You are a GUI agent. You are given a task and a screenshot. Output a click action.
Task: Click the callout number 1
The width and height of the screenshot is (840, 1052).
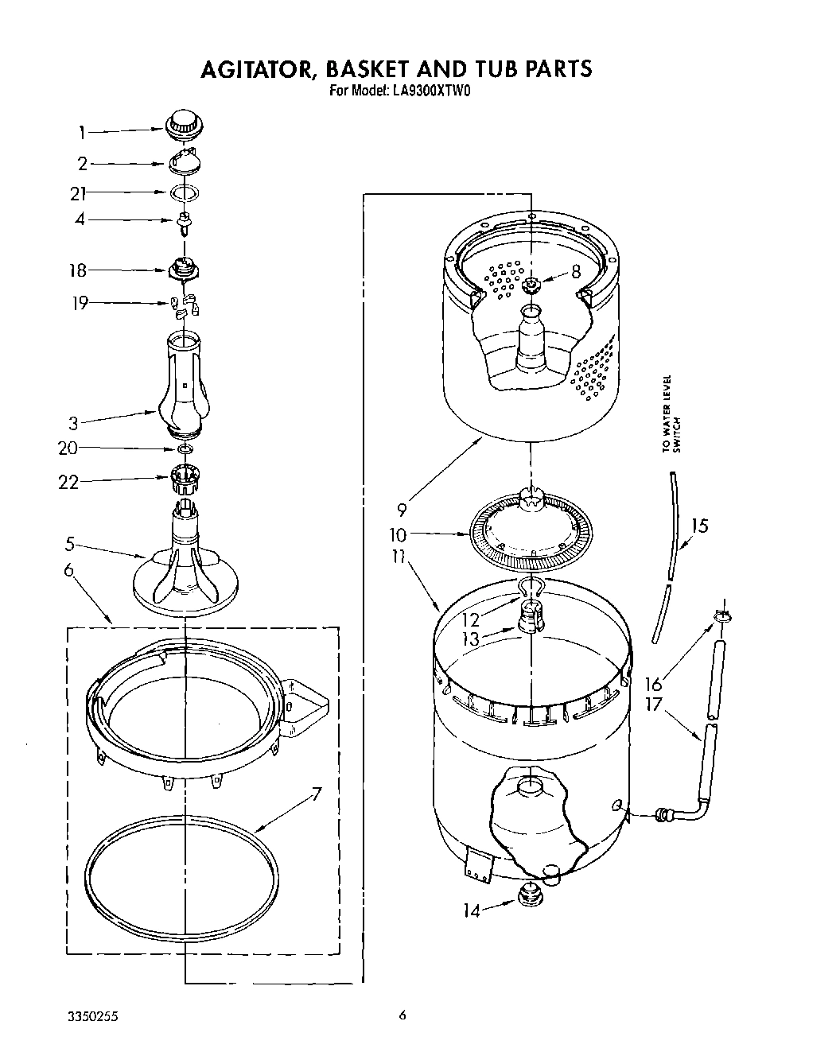point(81,134)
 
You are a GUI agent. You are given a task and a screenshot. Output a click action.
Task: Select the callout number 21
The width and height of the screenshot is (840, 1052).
point(77,193)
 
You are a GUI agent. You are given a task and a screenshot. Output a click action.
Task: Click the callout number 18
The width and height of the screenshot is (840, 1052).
point(77,270)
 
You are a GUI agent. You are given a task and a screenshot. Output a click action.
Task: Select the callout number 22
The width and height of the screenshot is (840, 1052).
point(69,481)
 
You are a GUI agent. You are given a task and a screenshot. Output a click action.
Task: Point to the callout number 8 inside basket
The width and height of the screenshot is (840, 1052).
point(575,272)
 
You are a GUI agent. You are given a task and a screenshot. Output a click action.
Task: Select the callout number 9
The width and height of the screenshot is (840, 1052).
point(402,507)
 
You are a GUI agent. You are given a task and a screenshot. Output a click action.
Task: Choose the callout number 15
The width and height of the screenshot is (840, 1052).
point(698,526)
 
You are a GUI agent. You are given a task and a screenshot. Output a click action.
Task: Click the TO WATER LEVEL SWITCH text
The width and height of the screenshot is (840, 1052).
point(672,414)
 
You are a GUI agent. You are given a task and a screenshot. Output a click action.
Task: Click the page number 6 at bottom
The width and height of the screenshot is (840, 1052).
point(402,1015)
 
